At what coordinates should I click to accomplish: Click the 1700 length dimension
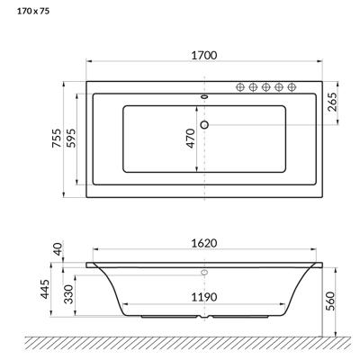(x=204, y=56)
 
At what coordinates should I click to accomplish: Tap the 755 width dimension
(x=57, y=138)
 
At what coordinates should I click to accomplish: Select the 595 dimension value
(x=71, y=138)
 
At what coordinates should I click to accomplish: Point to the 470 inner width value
(x=190, y=139)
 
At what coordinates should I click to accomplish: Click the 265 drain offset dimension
(x=332, y=102)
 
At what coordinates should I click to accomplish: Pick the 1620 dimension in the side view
(x=204, y=243)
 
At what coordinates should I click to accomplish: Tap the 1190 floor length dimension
(x=204, y=297)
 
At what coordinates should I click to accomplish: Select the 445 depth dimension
(x=45, y=289)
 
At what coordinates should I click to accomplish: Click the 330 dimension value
(x=68, y=294)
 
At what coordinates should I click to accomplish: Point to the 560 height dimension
(x=329, y=301)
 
